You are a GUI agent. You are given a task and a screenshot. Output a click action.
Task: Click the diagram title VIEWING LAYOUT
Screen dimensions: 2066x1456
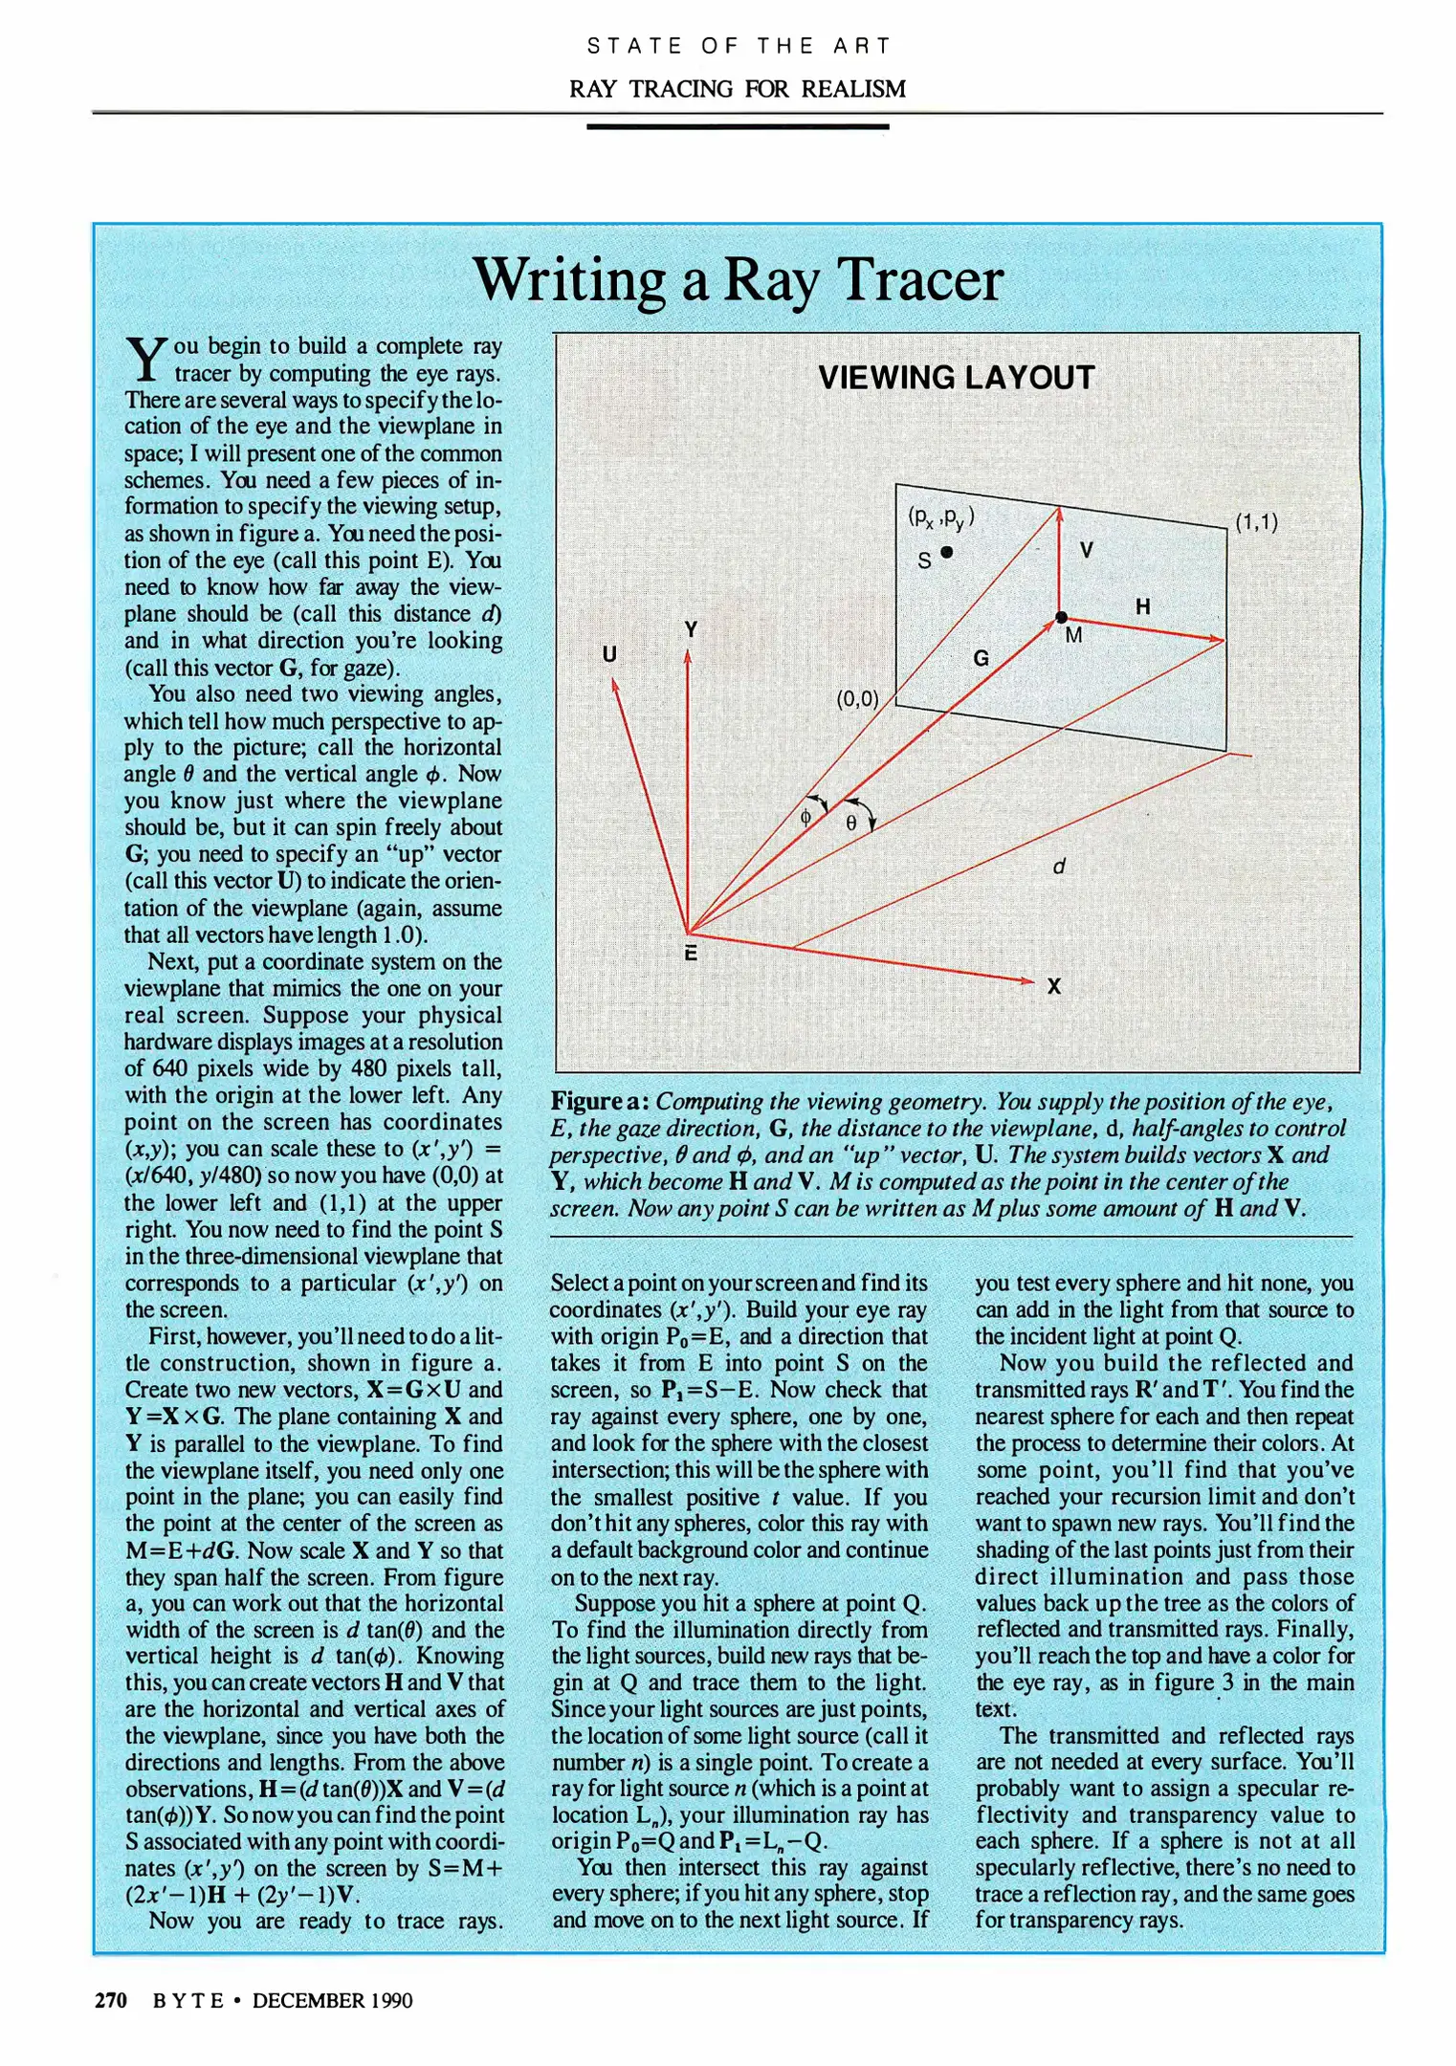click(x=956, y=378)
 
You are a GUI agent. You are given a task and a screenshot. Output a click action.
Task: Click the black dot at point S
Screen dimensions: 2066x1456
click(x=946, y=552)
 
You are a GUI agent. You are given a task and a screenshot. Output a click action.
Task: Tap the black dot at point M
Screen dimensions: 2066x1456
click(x=1061, y=618)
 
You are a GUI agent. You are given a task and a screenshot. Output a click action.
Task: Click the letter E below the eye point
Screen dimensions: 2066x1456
click(x=690, y=954)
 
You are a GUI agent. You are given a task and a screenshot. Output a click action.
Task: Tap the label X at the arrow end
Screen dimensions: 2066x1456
click(x=1053, y=986)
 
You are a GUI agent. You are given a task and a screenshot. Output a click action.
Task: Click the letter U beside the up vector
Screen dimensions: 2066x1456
click(x=609, y=654)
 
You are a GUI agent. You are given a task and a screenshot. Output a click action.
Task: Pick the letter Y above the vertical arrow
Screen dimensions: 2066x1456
click(x=691, y=629)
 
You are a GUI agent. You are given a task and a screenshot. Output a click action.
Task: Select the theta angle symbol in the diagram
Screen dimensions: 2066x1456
click(x=850, y=822)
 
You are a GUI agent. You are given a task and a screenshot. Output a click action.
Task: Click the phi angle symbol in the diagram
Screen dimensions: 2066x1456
click(x=805, y=817)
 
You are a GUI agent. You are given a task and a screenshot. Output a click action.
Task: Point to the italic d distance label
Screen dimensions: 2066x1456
click(x=1058, y=867)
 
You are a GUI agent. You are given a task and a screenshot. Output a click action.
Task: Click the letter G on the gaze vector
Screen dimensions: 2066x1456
click(x=981, y=658)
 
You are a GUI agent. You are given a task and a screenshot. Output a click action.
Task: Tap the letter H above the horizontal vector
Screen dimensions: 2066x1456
click(x=1142, y=606)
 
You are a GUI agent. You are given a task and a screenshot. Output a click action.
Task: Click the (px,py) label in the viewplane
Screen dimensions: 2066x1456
click(x=941, y=517)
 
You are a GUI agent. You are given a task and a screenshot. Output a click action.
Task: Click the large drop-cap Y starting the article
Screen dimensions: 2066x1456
click(x=146, y=360)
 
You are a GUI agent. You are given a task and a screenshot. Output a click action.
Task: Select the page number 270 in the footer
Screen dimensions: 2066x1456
click(x=111, y=2000)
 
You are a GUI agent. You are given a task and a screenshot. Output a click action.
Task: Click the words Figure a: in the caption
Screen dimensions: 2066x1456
click(x=599, y=1102)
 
